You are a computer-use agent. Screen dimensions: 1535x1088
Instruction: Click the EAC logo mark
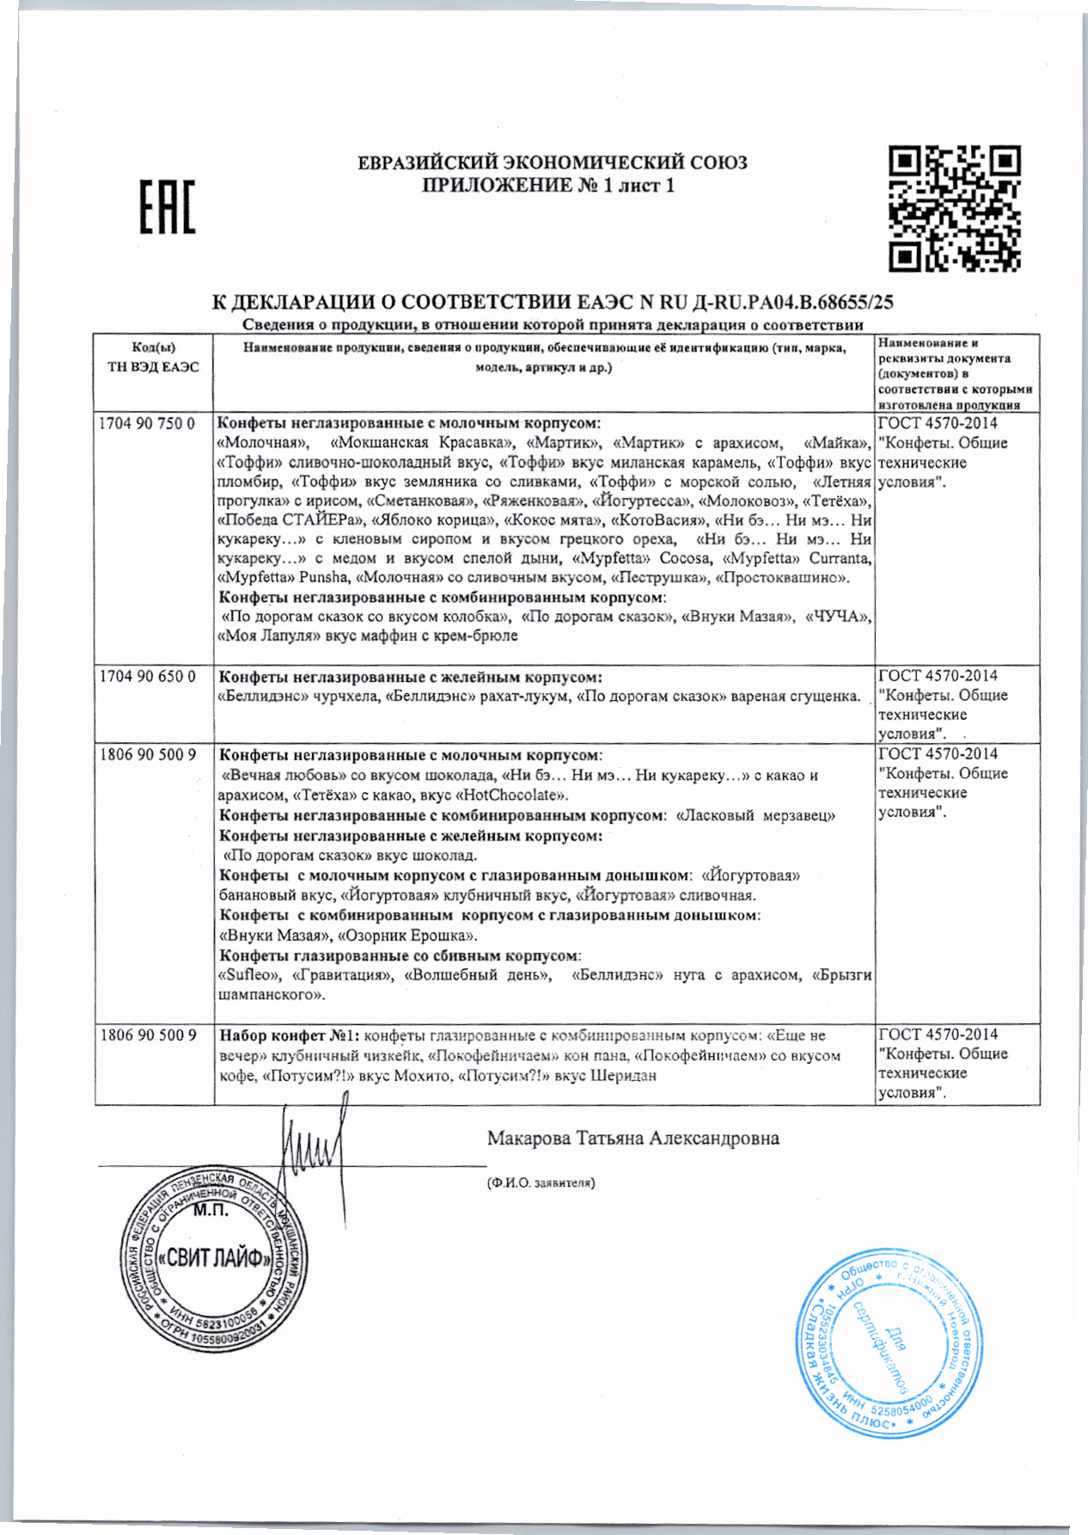168,207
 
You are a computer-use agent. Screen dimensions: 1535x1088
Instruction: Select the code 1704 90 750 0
147,424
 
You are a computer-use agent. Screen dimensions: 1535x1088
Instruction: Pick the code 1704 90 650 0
147,677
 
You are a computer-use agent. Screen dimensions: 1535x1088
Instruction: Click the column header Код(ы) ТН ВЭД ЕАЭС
153,358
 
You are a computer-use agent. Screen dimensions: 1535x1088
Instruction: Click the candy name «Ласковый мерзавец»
756,815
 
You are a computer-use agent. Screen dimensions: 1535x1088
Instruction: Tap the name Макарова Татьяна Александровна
633,1139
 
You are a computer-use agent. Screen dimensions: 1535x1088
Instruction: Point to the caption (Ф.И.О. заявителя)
541,1182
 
